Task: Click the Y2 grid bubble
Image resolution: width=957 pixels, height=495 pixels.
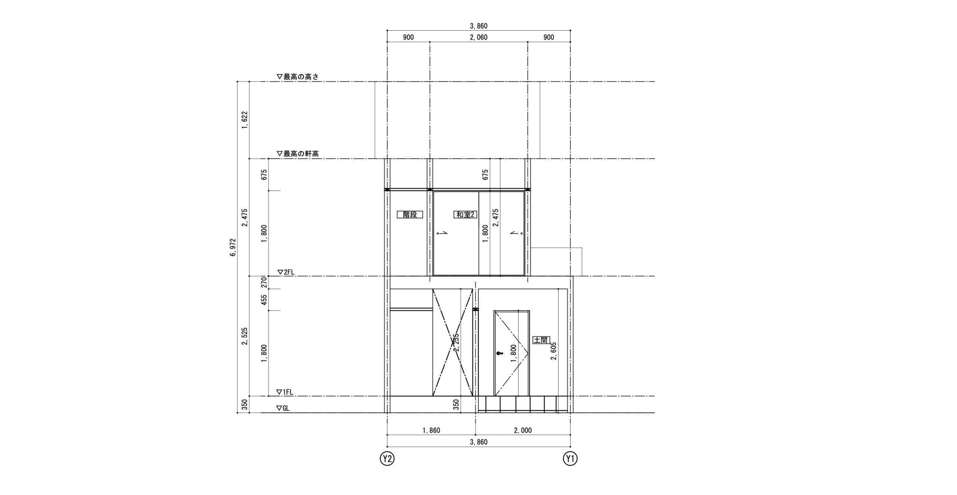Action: [387, 458]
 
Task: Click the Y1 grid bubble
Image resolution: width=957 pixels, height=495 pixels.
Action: [570, 458]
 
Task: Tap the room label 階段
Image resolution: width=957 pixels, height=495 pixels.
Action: [410, 214]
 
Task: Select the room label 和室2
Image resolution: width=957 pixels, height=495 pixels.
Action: [465, 214]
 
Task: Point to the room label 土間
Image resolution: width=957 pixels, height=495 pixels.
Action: [541, 340]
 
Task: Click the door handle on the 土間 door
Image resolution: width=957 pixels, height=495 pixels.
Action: [499, 353]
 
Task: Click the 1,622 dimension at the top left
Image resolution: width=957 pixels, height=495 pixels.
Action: [245, 120]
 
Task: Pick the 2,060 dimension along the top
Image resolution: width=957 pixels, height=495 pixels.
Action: [478, 37]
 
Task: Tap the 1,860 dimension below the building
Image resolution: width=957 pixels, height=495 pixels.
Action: [431, 430]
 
